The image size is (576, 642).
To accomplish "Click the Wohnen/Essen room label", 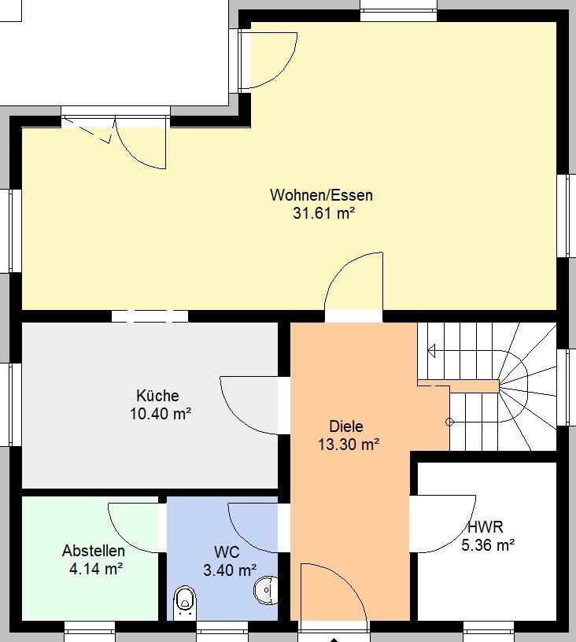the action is [321, 195].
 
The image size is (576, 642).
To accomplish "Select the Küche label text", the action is [157, 396].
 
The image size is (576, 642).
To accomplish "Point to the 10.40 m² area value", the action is [161, 414].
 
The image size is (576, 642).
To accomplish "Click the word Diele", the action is [346, 426].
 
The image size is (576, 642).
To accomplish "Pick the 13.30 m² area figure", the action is [349, 445].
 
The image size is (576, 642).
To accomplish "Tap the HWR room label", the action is [486, 527].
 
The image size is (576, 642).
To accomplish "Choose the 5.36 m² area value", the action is [488, 545].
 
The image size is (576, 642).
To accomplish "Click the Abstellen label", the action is [94, 551].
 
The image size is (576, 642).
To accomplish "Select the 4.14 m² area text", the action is [96, 569].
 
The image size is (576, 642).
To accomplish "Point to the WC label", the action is [227, 552].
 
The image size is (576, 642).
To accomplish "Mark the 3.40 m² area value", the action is [230, 570].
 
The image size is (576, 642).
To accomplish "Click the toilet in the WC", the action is [185, 603].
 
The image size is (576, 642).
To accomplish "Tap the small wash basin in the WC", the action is [266, 590].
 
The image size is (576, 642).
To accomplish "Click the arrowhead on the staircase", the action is [431, 351].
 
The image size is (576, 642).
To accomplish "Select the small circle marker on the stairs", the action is [449, 422].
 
